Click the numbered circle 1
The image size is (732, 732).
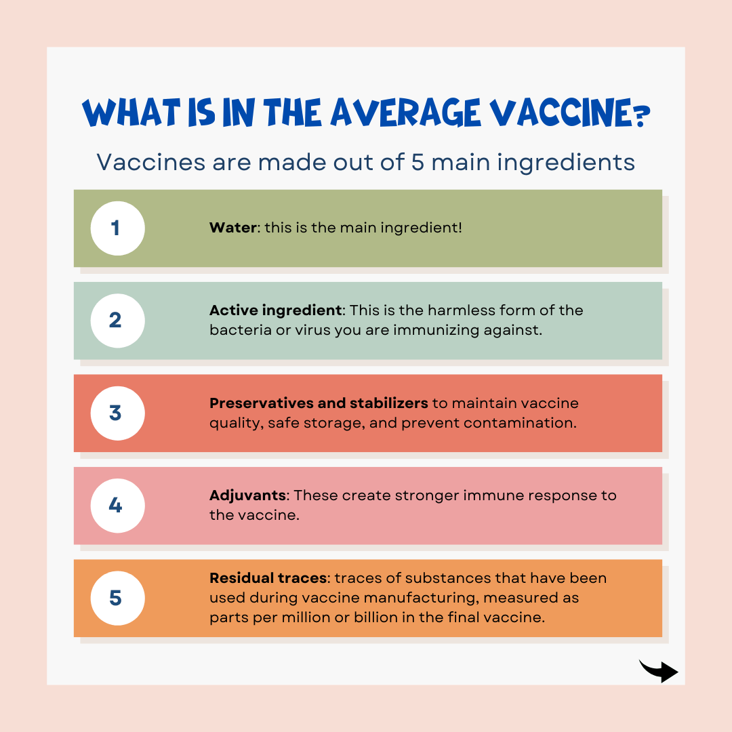(x=118, y=228)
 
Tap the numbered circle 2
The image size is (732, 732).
(x=118, y=321)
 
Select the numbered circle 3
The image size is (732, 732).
(x=118, y=413)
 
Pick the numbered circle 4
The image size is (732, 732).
(x=118, y=506)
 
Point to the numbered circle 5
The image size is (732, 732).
(x=118, y=598)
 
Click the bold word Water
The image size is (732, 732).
(x=233, y=227)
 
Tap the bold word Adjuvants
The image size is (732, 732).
(x=248, y=495)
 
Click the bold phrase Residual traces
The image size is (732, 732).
(x=268, y=578)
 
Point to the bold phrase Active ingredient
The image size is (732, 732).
(x=275, y=310)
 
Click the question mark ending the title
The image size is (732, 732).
(x=643, y=115)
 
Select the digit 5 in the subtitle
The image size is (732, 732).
(x=418, y=163)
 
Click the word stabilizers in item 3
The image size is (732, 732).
(x=388, y=403)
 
